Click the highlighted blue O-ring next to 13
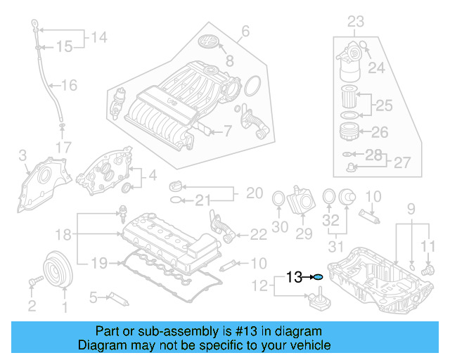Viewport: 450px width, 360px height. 318,278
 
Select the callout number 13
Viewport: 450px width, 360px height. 295,278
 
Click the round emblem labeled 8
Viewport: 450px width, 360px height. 208,41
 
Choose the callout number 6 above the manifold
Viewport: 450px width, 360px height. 245,31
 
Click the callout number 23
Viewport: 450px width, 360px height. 356,22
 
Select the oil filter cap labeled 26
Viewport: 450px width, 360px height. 348,131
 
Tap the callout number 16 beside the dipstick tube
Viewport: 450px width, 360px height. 69,86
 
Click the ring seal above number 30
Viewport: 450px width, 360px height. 278,200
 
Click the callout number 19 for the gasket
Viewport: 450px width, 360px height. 99,263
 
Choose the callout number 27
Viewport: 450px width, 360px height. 401,162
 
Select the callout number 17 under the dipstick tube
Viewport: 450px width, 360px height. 63,148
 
